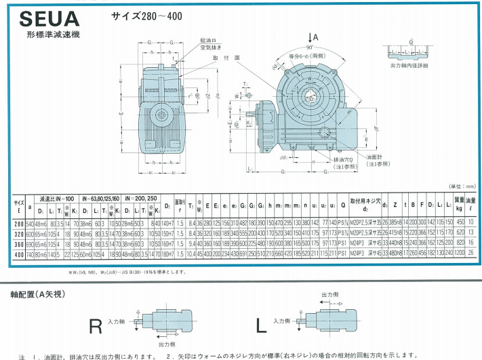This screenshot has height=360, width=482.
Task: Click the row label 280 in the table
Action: pos(18,222)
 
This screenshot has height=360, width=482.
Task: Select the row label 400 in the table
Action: pos(18,252)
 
